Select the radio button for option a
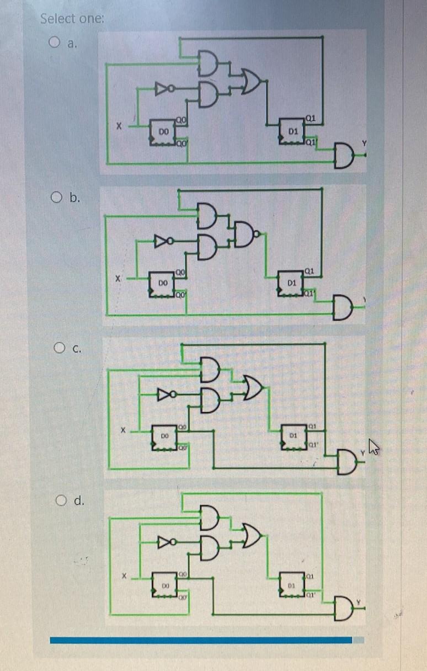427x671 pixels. (x=54, y=42)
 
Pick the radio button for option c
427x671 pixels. (x=59, y=348)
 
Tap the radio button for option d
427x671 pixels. (x=60, y=500)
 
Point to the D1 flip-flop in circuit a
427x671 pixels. (x=293, y=131)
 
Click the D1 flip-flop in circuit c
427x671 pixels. (x=294, y=434)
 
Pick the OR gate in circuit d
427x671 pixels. (x=252, y=534)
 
